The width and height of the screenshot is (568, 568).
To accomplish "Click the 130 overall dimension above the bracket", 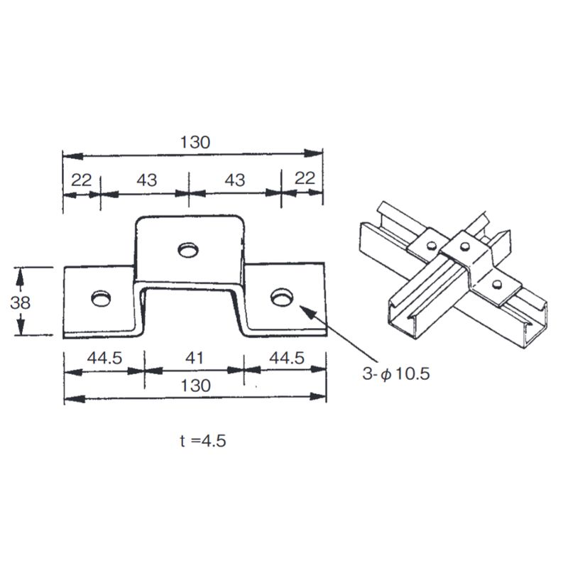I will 194,142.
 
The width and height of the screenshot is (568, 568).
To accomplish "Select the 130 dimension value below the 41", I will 195,386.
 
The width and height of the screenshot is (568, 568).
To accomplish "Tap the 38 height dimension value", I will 21,302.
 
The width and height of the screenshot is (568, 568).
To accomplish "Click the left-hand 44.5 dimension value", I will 104,359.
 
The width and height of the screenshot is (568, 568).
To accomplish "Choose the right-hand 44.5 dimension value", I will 286,359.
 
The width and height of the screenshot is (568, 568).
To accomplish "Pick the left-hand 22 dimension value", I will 82,180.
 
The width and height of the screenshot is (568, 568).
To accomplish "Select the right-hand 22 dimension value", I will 304,179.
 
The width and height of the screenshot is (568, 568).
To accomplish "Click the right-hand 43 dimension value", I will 234,180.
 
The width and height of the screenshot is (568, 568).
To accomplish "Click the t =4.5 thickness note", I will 203,440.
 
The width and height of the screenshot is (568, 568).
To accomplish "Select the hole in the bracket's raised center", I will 188,250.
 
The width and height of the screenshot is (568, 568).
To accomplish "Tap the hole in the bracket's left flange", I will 101,297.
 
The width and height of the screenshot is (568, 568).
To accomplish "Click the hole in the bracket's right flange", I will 281,295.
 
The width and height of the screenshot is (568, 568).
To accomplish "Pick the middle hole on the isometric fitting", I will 464,246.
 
